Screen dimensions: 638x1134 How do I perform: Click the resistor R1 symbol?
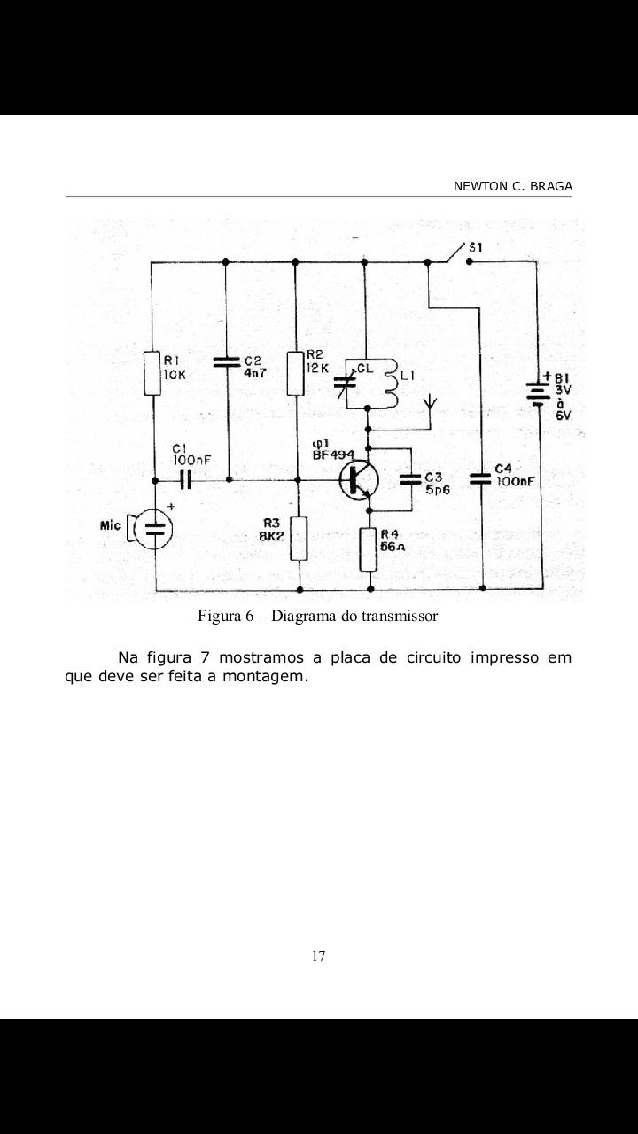tap(152, 374)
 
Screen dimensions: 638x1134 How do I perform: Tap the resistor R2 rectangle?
tap(296, 374)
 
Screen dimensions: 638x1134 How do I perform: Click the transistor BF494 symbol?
tap(360, 479)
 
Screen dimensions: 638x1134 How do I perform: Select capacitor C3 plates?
tap(410, 479)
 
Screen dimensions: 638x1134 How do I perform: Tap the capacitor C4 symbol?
tap(480, 479)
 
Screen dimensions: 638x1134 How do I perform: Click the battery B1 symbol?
tap(537, 392)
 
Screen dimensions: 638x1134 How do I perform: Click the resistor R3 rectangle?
tap(299, 538)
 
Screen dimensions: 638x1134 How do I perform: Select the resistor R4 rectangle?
tap(370, 549)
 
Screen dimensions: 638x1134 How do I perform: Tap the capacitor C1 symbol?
tap(186, 479)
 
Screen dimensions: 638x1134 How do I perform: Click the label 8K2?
tap(272, 536)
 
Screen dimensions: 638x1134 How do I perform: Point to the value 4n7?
tap(255, 373)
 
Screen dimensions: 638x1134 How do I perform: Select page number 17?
tap(318, 956)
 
